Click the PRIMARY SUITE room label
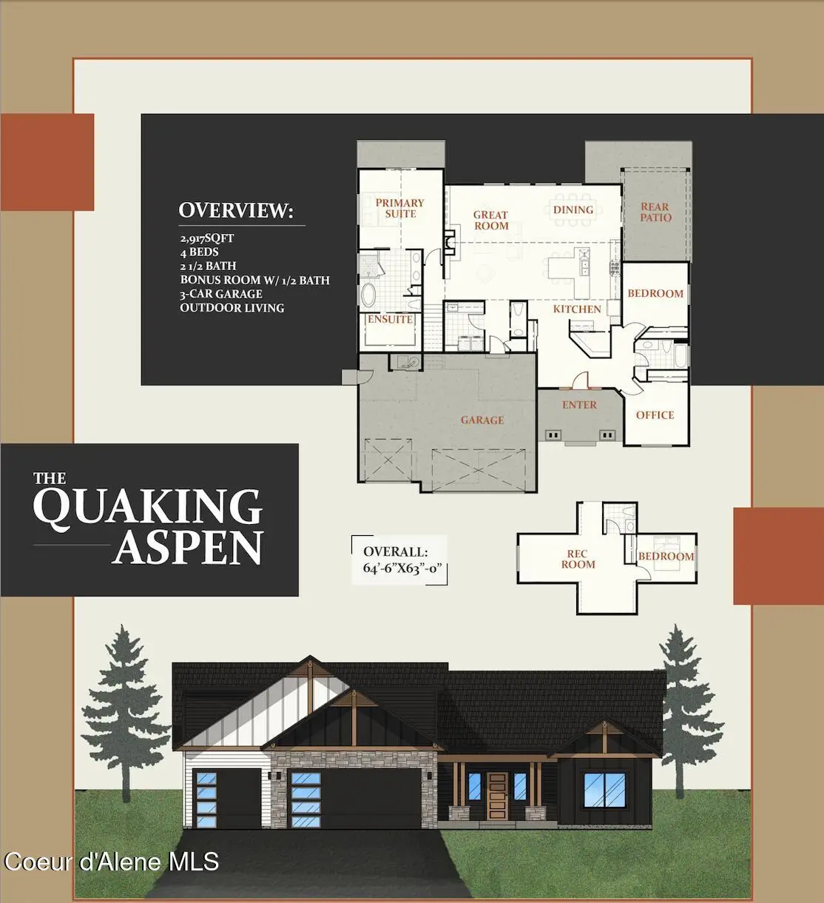(399, 208)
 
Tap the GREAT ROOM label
(491, 220)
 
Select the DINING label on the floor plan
(573, 210)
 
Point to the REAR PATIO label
(655, 212)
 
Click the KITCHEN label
(577, 309)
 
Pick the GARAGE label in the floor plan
(482, 420)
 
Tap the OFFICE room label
(655, 415)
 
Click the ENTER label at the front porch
(579, 405)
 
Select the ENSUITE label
(390, 319)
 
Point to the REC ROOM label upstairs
(578, 559)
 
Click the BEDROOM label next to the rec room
(666, 557)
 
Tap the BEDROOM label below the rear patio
(655, 293)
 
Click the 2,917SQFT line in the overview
(207, 238)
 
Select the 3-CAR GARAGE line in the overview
(221, 294)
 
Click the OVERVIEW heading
(236, 210)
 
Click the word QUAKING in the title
(148, 507)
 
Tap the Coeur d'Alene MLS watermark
(112, 862)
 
